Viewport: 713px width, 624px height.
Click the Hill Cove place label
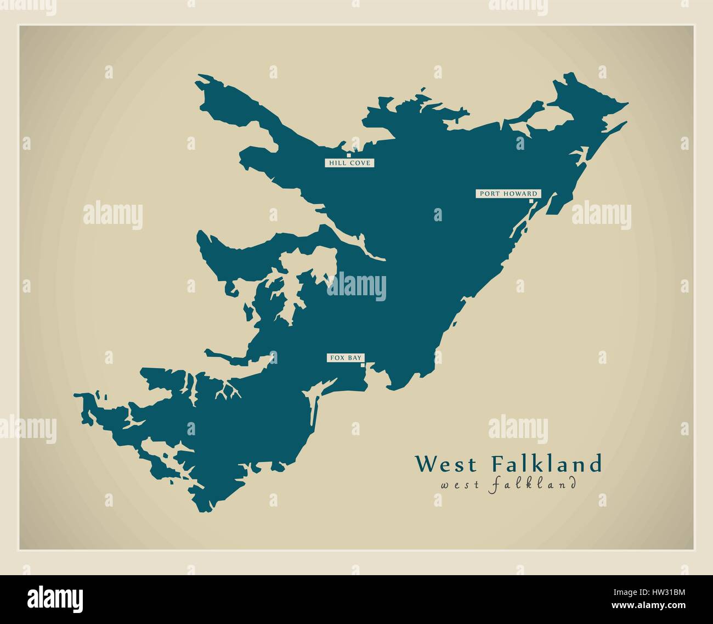(x=349, y=163)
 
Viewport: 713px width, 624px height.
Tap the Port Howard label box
(x=508, y=193)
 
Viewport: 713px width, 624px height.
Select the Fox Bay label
(x=346, y=358)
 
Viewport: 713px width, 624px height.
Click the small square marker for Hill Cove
(x=348, y=148)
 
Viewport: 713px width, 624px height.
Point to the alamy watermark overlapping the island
(x=357, y=286)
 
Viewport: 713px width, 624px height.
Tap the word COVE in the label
(x=361, y=163)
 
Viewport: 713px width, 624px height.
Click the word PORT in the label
(x=488, y=193)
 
